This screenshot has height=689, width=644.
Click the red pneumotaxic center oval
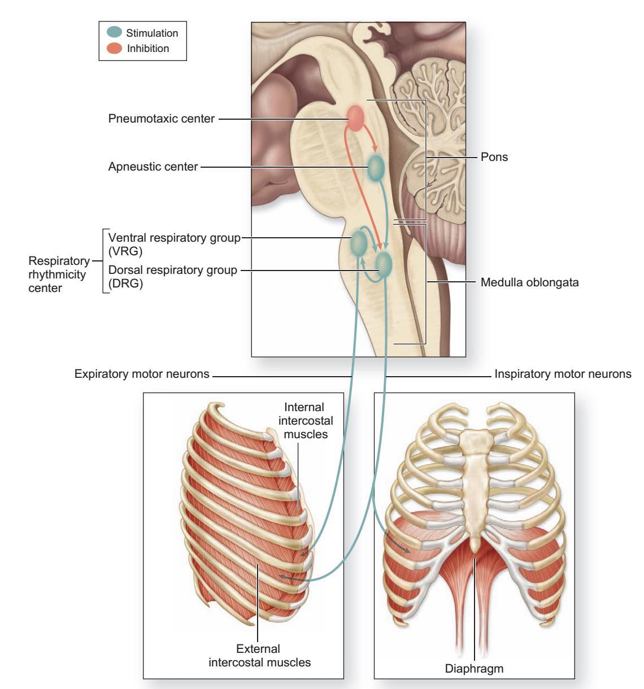click(355, 118)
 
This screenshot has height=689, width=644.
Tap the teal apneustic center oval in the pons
click(376, 167)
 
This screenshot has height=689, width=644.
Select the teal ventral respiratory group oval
click(359, 243)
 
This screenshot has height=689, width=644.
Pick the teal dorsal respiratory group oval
click(384, 264)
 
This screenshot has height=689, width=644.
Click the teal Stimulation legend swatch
click(114, 33)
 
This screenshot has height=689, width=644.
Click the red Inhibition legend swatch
click(114, 49)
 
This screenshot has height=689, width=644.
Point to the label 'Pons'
click(494, 157)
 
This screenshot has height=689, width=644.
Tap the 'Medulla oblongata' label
click(529, 282)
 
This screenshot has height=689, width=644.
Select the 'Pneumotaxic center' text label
click(162, 119)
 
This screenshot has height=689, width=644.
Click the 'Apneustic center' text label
click(153, 167)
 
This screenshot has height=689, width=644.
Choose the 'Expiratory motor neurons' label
click(142, 374)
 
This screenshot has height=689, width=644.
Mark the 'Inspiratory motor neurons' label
click(563, 374)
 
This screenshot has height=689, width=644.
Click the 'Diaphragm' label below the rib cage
click(474, 669)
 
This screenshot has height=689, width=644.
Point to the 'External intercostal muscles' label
click(259, 655)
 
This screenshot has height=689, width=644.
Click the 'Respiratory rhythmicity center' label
click(58, 274)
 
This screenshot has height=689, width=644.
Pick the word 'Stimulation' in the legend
click(152, 33)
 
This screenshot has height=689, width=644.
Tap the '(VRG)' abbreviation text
click(125, 252)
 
